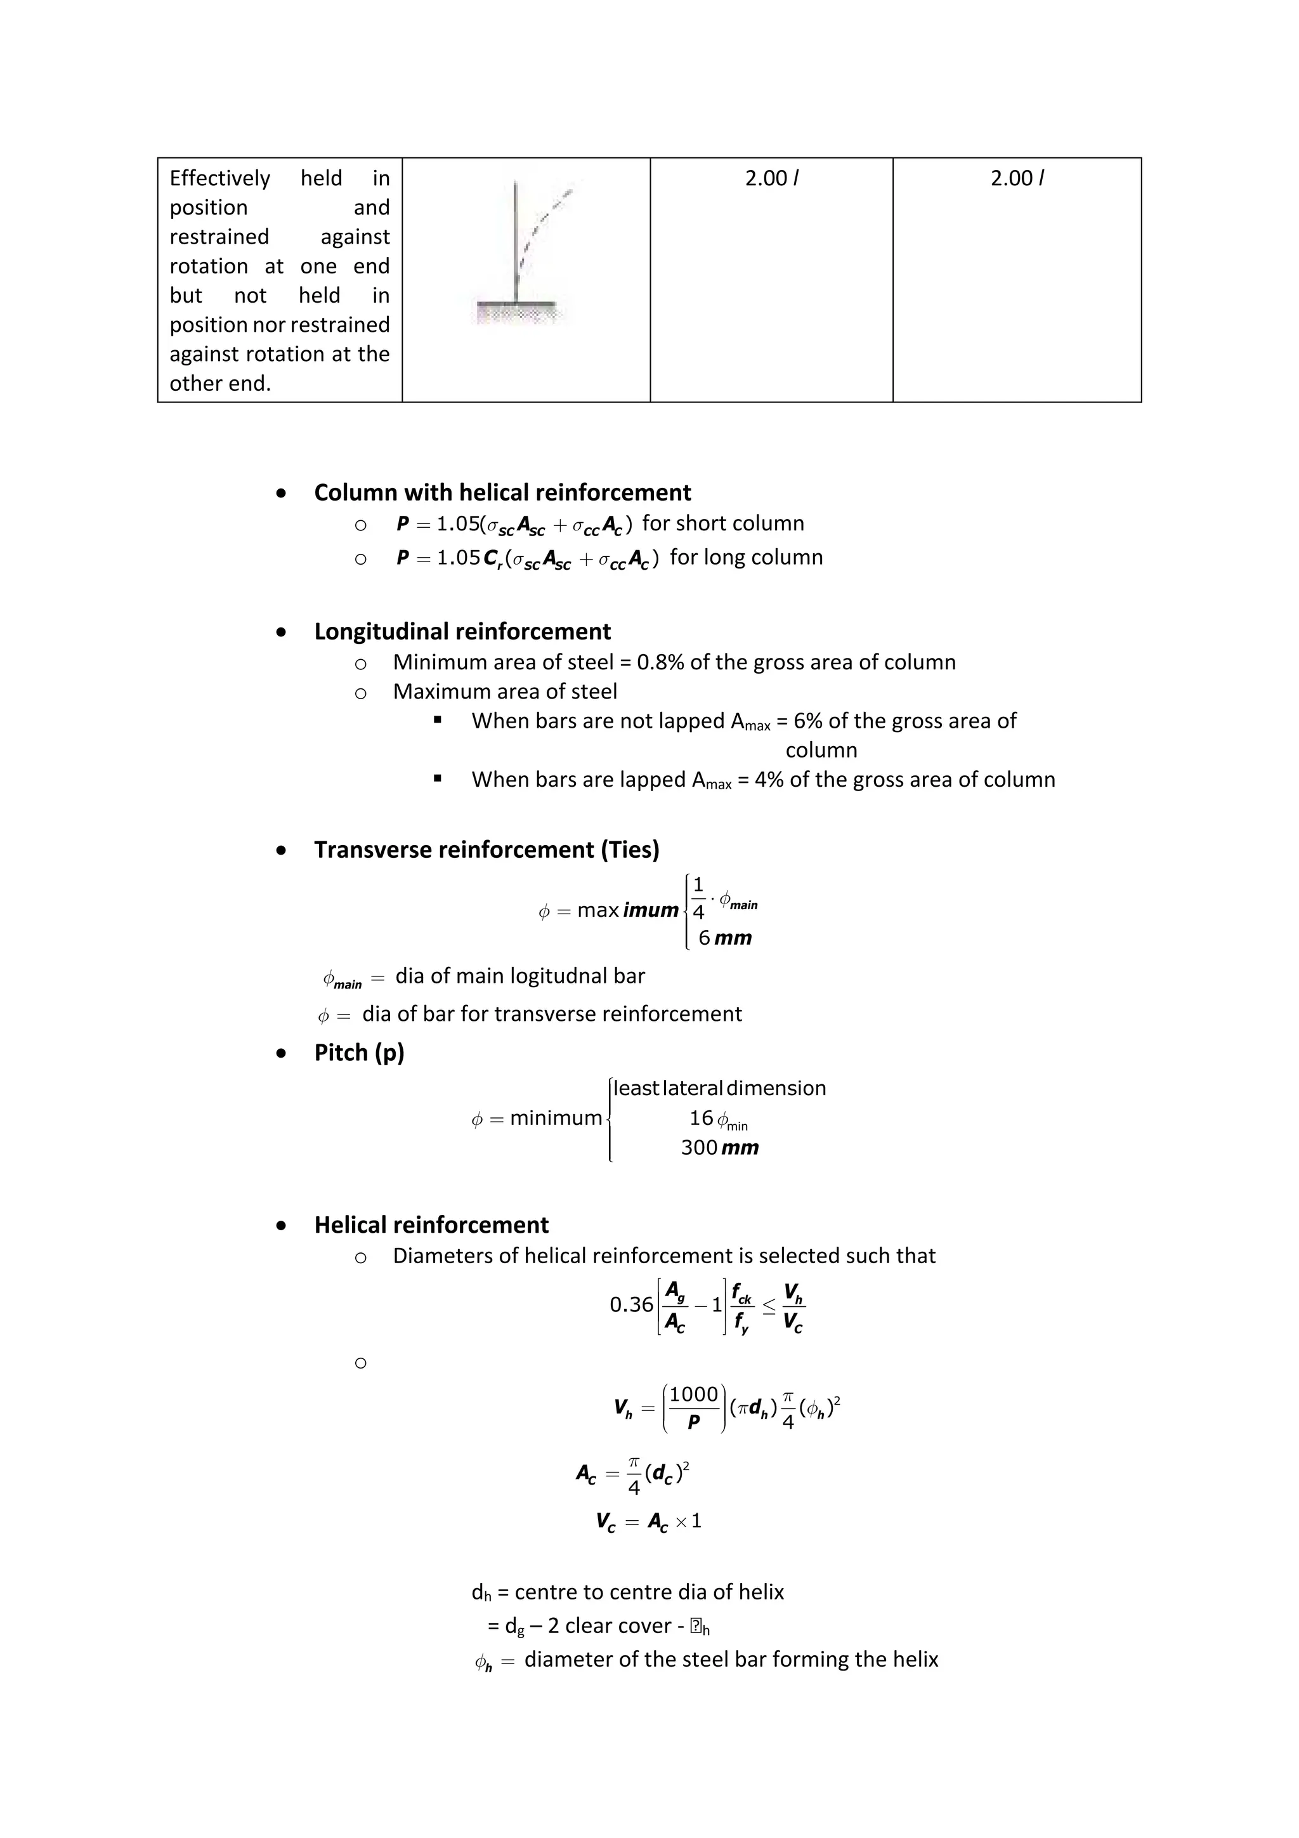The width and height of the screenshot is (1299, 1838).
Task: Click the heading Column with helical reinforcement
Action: pyautogui.click(x=502, y=492)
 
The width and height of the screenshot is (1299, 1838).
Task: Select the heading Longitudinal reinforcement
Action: pyautogui.click(x=462, y=632)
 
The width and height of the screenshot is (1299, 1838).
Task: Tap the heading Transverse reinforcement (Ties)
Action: pyautogui.click(x=486, y=850)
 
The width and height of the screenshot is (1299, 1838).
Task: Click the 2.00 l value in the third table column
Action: pyautogui.click(x=771, y=178)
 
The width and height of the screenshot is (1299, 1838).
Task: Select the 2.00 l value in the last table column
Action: pyautogui.click(x=1017, y=178)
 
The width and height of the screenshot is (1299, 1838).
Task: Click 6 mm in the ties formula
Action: pyautogui.click(x=724, y=938)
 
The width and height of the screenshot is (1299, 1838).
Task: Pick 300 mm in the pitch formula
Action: pyautogui.click(x=719, y=1148)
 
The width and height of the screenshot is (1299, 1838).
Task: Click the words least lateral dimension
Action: pyautogui.click(x=719, y=1089)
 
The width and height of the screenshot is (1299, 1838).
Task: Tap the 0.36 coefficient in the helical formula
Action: pyautogui.click(x=630, y=1305)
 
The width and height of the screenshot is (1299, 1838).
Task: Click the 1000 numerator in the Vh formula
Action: pyautogui.click(x=693, y=1395)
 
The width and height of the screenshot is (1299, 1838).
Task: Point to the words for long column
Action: pyautogui.click(x=746, y=557)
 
